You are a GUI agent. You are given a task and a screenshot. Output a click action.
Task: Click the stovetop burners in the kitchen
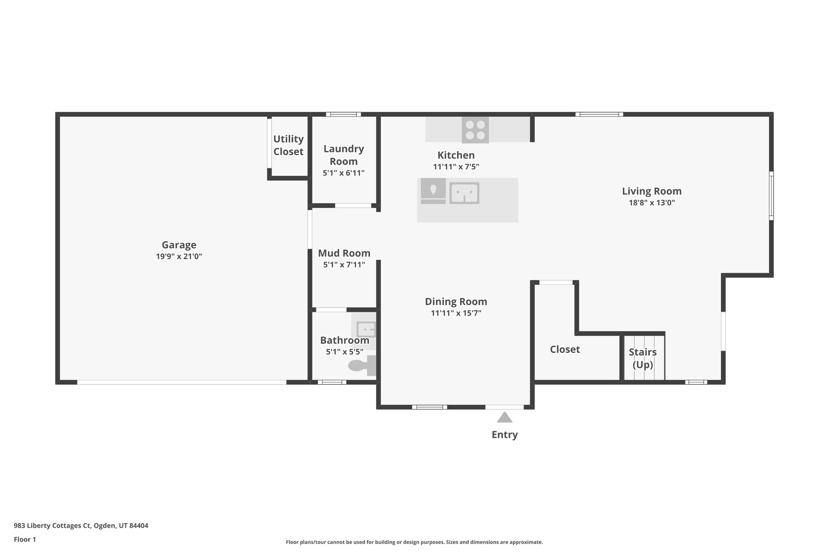pyautogui.click(x=475, y=130)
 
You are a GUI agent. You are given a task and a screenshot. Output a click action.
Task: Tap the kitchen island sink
pyautogui.click(x=464, y=193)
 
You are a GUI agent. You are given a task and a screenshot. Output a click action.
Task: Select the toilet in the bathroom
pyautogui.click(x=361, y=365)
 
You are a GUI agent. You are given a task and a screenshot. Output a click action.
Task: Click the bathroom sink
pyautogui.click(x=366, y=329)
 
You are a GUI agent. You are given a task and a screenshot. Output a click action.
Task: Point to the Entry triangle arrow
pyautogui.click(x=504, y=417)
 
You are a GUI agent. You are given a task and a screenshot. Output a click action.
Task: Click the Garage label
pyautogui.click(x=179, y=245)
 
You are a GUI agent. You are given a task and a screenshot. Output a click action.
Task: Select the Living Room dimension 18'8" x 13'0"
pyautogui.click(x=651, y=203)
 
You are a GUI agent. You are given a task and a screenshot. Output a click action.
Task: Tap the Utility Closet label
pyautogui.click(x=288, y=145)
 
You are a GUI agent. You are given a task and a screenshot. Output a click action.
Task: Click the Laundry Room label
pyautogui.click(x=344, y=155)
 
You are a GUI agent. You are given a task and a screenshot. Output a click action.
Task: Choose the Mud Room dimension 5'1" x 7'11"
pyautogui.click(x=344, y=265)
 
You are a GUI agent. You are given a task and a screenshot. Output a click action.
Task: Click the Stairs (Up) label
pyautogui.click(x=642, y=358)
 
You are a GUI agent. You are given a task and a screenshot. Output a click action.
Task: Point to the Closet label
pyautogui.click(x=565, y=349)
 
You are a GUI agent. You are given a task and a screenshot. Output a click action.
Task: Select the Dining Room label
pyautogui.click(x=456, y=301)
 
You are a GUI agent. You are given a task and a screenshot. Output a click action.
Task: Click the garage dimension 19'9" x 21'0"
pyautogui.click(x=179, y=256)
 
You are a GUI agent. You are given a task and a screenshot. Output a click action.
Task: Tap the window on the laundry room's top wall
pyautogui.click(x=343, y=114)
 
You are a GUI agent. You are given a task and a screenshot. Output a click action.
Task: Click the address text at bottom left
pyautogui.click(x=81, y=525)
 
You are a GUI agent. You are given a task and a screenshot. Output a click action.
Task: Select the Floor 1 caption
pyautogui.click(x=25, y=539)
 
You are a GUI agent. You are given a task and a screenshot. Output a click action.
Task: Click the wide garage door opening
pyautogui.click(x=182, y=382)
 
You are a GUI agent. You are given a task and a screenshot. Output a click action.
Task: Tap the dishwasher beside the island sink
pyautogui.click(x=433, y=190)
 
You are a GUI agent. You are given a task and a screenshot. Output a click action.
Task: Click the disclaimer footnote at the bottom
pyautogui.click(x=414, y=542)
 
